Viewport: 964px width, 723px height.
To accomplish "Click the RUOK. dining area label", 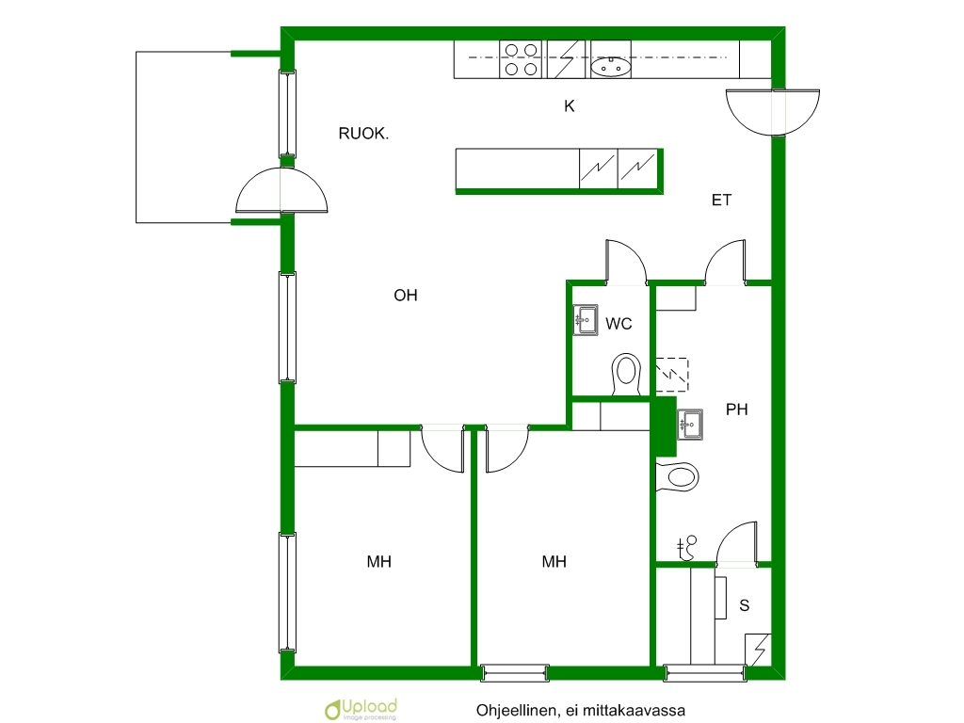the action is (x=363, y=134).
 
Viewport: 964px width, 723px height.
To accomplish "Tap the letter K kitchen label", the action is (x=570, y=106).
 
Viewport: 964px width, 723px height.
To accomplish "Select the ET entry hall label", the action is (x=721, y=200).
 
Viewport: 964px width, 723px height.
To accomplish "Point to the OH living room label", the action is (x=405, y=296).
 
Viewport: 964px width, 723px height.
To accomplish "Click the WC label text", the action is (x=619, y=324).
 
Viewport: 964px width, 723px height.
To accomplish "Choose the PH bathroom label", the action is (x=736, y=410).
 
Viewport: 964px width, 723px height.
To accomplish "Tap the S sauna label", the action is (x=745, y=605).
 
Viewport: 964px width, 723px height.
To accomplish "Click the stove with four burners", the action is (x=521, y=59).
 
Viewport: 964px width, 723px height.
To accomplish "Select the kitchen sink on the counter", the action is (x=610, y=66).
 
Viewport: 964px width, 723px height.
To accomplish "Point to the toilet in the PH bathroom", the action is (x=678, y=477).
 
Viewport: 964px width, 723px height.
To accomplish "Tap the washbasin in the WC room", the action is (x=586, y=320).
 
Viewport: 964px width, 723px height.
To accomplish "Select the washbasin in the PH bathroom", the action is (x=690, y=425).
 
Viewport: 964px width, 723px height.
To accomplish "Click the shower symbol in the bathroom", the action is (x=686, y=548).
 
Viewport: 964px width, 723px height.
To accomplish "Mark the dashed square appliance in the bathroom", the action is (x=672, y=375).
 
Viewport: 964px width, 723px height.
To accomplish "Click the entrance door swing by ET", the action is (x=773, y=112).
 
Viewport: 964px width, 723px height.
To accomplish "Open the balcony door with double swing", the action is (x=281, y=190).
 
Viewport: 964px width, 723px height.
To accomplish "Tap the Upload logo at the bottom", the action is (x=361, y=709).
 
